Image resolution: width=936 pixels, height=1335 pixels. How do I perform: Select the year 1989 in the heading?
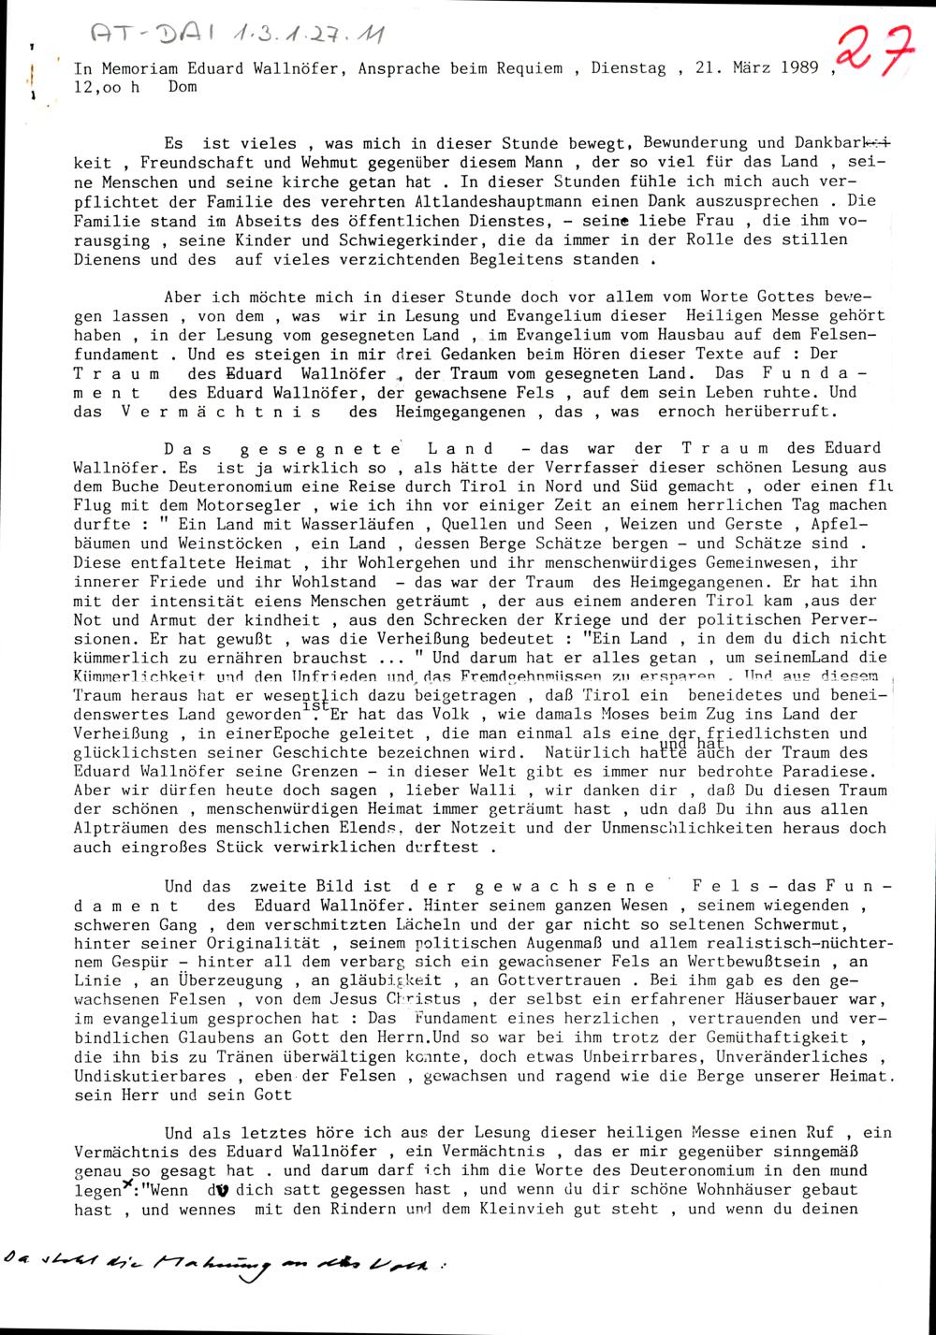(x=798, y=68)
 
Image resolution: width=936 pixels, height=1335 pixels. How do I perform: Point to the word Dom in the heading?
(x=183, y=87)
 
